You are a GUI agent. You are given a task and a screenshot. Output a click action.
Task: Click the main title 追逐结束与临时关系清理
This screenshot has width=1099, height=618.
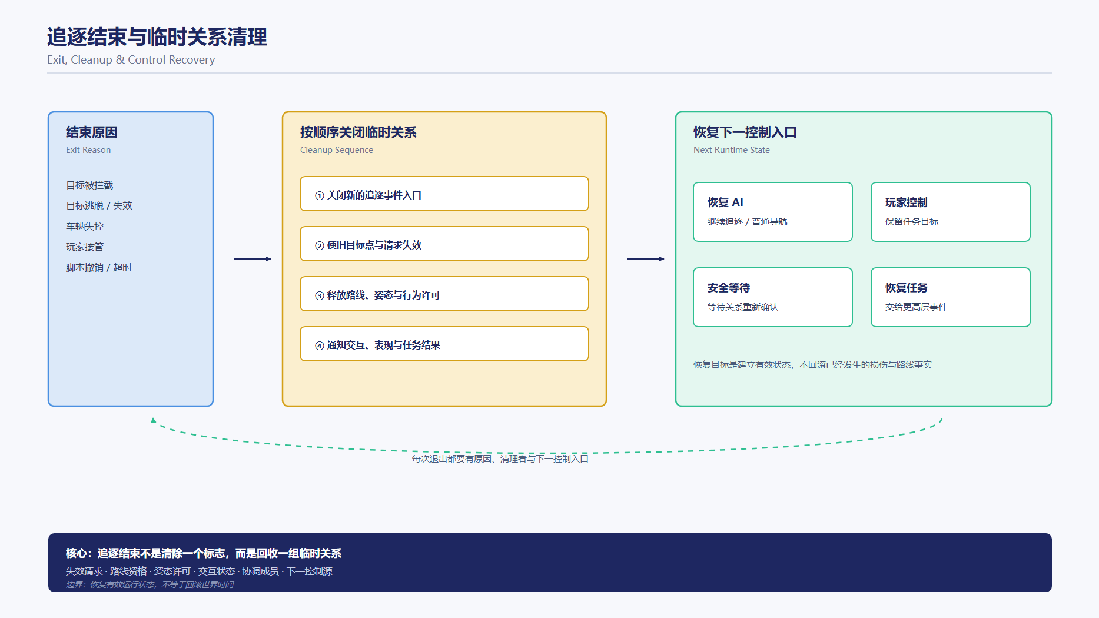[157, 37]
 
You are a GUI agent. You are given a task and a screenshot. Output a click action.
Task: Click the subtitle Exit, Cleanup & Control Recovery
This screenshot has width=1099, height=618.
[131, 60]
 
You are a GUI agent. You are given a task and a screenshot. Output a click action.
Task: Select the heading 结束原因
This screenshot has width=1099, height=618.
[92, 132]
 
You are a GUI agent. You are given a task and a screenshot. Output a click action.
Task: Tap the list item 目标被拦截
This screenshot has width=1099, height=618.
[89, 185]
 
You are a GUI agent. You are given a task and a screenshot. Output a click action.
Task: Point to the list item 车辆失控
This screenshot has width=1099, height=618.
[85, 227]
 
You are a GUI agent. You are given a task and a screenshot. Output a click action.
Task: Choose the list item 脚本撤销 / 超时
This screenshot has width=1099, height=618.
[99, 268]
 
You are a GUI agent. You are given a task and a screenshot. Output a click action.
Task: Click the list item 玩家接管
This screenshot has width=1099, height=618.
[85, 247]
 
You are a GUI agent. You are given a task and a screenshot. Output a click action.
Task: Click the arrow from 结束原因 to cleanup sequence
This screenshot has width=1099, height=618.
[253, 259]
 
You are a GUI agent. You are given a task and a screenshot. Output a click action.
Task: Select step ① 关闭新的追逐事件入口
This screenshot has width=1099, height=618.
[444, 194]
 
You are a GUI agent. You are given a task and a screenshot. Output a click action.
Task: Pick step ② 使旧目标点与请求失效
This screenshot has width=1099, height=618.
[444, 244]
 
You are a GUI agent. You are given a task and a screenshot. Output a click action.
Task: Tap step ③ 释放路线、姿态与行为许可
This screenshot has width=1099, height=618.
[444, 294]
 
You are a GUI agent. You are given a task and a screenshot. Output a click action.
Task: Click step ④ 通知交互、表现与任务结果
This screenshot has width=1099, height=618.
[444, 344]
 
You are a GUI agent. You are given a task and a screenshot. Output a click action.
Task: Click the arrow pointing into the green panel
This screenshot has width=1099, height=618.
[646, 259]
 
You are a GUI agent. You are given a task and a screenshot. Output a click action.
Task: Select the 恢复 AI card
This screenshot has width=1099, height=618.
[773, 212]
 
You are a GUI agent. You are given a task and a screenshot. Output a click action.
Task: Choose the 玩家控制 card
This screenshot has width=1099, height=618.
[951, 212]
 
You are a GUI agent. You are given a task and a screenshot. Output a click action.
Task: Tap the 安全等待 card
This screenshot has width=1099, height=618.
[773, 297]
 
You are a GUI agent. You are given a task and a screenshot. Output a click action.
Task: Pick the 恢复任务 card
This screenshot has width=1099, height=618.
[951, 297]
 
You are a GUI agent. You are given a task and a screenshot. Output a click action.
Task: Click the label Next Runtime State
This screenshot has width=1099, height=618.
[732, 150]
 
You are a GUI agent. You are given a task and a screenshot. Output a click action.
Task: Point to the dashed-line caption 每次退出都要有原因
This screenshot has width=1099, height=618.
[452, 459]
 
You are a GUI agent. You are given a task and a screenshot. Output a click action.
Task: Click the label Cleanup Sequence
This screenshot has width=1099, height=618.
[337, 150]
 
